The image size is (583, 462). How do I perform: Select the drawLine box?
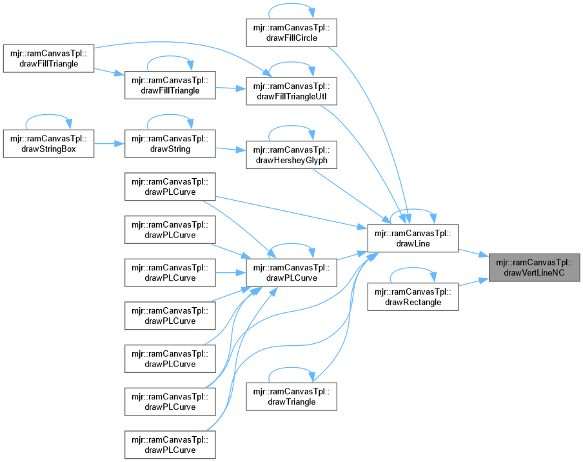(412, 238)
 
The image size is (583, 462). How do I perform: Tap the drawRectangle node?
(412, 296)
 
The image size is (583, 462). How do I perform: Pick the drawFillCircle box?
(291, 32)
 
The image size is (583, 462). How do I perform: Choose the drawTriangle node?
(291, 396)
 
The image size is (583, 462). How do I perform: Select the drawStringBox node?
(48, 143)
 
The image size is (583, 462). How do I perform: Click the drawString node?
(170, 143)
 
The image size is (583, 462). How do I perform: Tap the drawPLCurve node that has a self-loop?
(291, 272)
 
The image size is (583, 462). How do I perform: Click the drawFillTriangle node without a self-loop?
(48, 57)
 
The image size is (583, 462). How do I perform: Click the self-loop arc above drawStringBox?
(48, 119)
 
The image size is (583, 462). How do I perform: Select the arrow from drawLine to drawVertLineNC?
(473, 252)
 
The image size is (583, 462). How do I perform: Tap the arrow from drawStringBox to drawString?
(109, 143)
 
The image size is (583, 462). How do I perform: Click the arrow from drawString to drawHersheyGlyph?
(230, 150)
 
